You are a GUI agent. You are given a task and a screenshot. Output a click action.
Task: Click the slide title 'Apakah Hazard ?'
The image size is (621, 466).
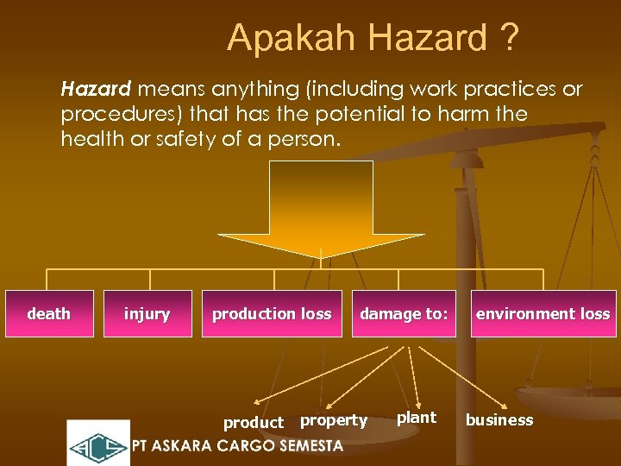(x=373, y=38)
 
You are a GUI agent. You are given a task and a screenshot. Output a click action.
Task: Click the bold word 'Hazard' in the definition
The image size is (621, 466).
(x=95, y=89)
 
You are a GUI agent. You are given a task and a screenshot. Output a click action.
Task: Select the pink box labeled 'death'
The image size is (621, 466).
(x=49, y=314)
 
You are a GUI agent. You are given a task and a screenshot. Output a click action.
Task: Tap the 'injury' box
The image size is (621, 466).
(x=147, y=314)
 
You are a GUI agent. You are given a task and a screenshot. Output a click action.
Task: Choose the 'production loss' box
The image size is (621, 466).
(x=272, y=314)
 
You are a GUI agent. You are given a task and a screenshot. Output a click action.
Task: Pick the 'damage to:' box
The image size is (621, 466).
(x=404, y=314)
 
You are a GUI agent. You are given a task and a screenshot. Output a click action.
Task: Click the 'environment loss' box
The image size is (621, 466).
(x=543, y=314)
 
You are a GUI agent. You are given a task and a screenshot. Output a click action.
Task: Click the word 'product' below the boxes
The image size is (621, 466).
(x=253, y=423)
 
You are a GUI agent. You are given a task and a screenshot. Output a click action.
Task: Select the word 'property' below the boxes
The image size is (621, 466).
(x=334, y=421)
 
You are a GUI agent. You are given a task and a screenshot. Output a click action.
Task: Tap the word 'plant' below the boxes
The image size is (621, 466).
(x=417, y=418)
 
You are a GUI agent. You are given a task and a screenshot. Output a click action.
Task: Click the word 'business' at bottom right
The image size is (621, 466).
(x=499, y=420)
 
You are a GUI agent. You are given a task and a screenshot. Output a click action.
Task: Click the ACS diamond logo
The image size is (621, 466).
(x=97, y=444)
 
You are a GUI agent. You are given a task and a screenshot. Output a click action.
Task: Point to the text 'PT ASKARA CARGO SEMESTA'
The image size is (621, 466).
(x=237, y=446)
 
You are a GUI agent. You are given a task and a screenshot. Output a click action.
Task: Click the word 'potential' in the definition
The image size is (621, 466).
(x=414, y=114)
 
